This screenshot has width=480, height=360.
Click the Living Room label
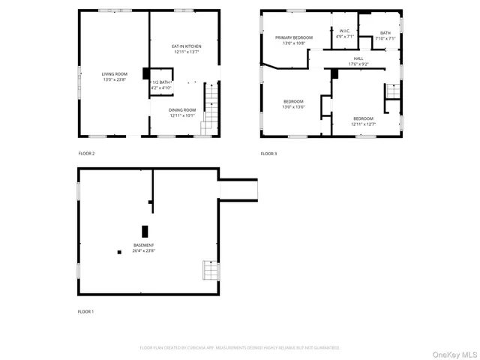(x=115, y=73)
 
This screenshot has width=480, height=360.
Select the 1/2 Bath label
(x=162, y=82)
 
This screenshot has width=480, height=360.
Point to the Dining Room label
(x=182, y=110)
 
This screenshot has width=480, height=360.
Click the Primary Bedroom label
(x=293, y=37)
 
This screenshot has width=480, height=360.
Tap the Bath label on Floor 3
(x=385, y=33)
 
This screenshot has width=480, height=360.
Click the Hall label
(x=358, y=58)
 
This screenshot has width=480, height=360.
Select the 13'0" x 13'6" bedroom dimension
(x=293, y=106)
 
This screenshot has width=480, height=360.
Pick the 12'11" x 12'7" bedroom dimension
(x=363, y=124)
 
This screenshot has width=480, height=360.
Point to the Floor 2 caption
(x=86, y=153)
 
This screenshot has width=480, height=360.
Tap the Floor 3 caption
(x=268, y=153)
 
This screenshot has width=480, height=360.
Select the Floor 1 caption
(x=86, y=311)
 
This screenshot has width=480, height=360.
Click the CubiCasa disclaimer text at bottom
(x=240, y=348)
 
